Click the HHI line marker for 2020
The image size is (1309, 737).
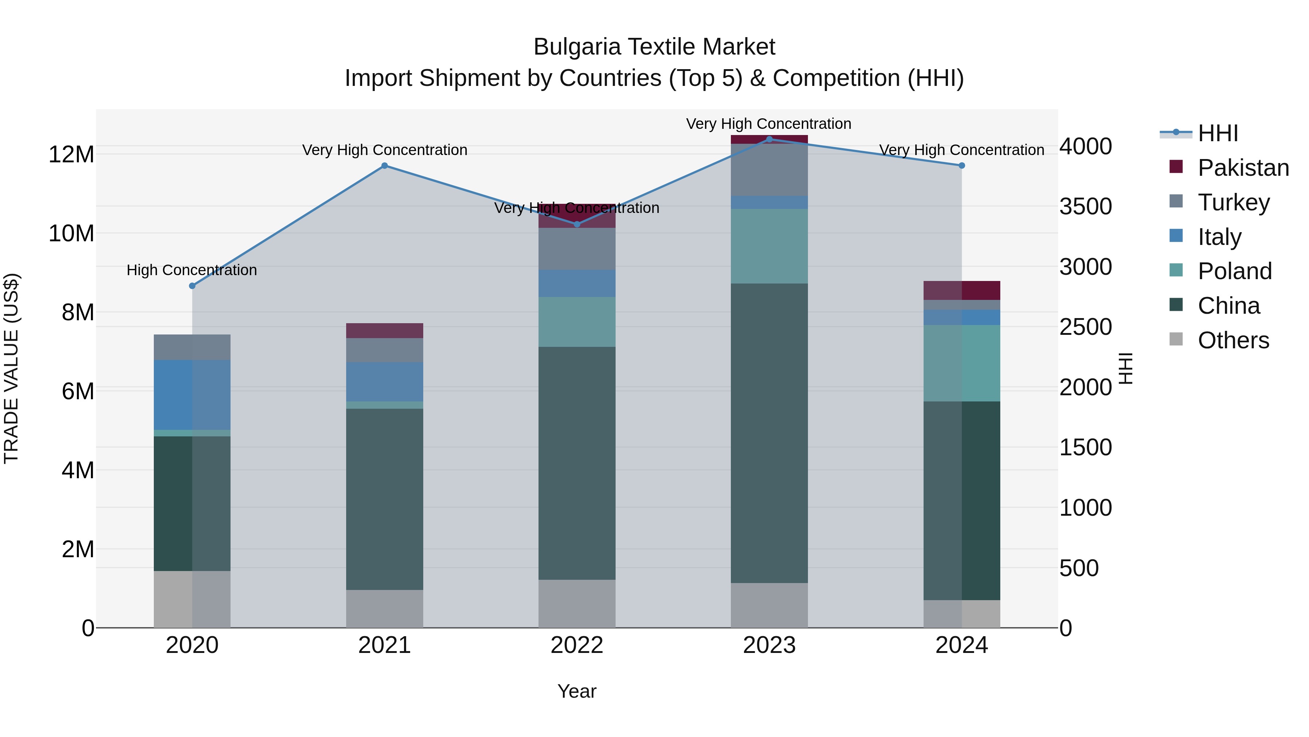click(x=192, y=286)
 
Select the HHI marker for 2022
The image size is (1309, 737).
click(x=577, y=224)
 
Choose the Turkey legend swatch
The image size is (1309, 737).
click(x=1176, y=201)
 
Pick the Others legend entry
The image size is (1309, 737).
click(x=1233, y=340)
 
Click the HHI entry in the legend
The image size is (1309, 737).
click(x=1217, y=133)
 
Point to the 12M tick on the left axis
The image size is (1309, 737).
click(x=71, y=154)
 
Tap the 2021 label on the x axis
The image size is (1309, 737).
click(x=384, y=645)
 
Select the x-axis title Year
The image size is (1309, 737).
click(x=577, y=691)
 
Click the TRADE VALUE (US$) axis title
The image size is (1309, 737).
click(x=11, y=368)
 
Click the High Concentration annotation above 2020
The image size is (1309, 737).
click(x=192, y=270)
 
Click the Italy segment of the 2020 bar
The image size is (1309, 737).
click(x=192, y=395)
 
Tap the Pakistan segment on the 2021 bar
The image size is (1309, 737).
click(x=384, y=330)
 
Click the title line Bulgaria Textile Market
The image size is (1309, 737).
click(x=654, y=47)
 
